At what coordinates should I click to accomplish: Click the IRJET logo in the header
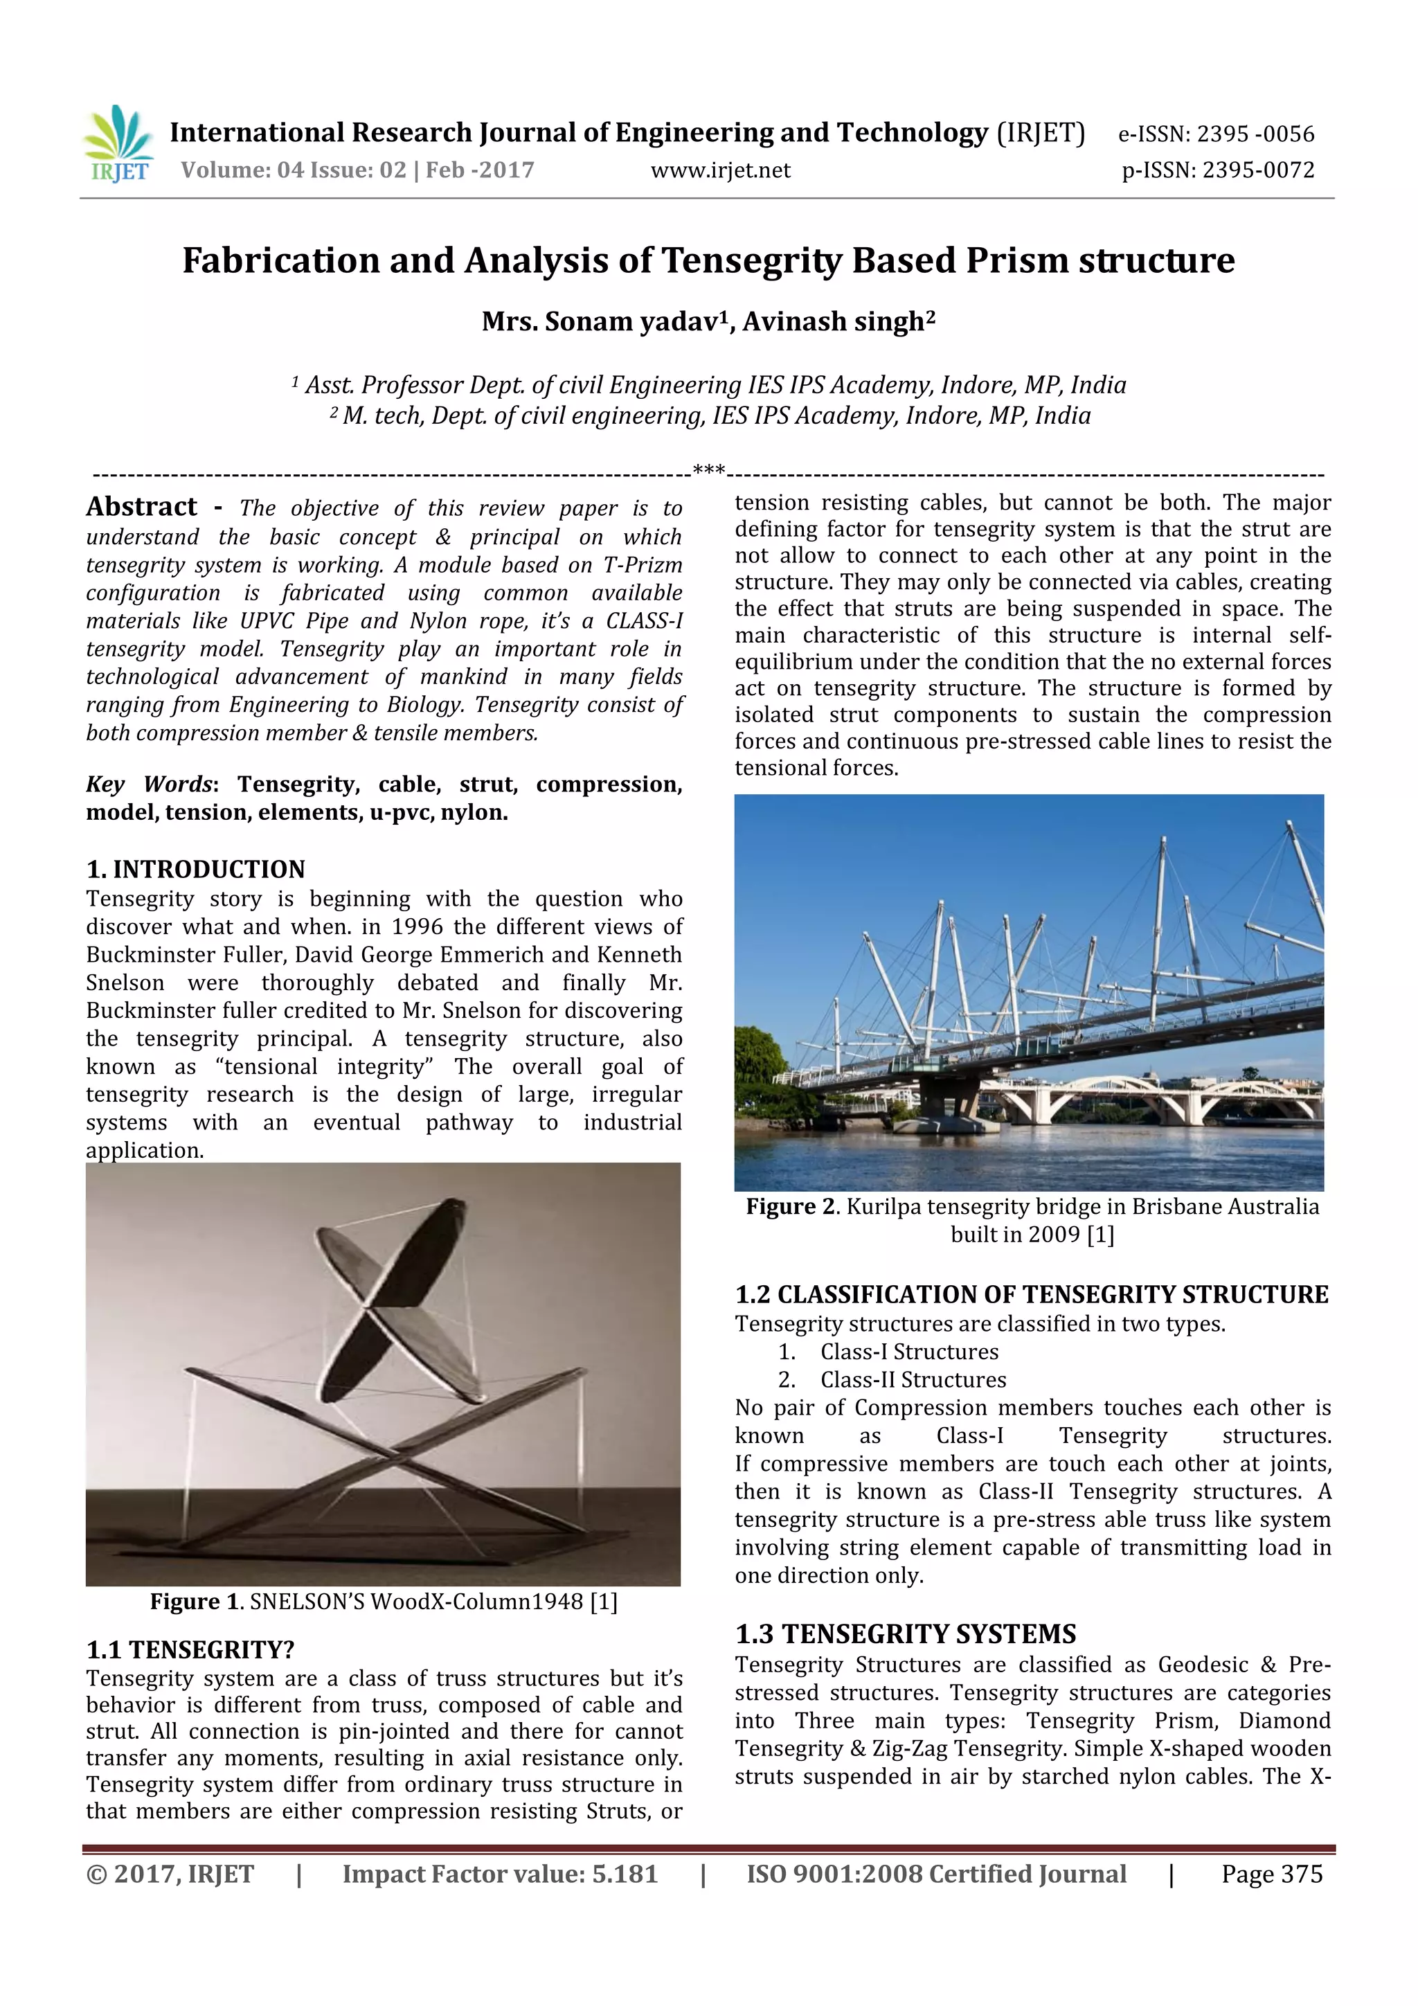tap(118, 144)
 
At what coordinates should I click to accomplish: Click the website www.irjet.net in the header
tap(720, 170)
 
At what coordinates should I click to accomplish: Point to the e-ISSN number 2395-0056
tap(1255, 134)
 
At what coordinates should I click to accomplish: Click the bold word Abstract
tap(141, 507)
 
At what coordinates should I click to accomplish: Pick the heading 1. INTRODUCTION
tap(196, 869)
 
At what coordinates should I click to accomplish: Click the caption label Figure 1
tap(197, 1602)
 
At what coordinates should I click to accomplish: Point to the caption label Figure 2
tap(791, 1206)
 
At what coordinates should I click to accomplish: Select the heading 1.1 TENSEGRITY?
tap(190, 1649)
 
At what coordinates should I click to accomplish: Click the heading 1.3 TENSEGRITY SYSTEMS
tap(905, 1633)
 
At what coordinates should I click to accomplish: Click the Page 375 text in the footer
tap(1271, 1874)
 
